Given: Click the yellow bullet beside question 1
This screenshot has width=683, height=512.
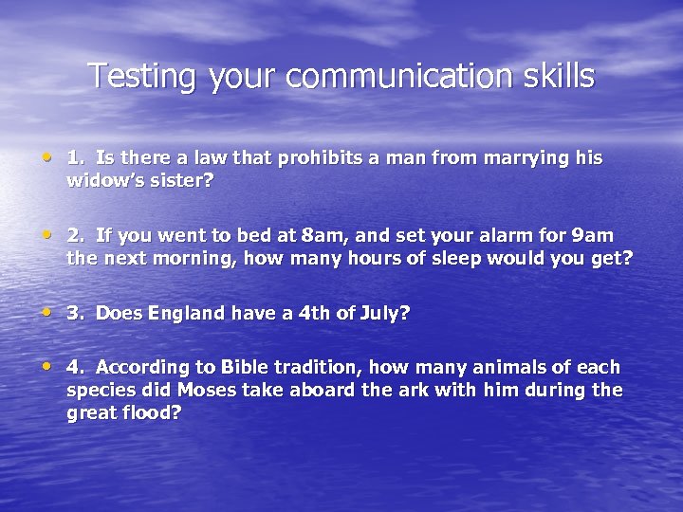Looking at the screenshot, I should [x=47, y=157].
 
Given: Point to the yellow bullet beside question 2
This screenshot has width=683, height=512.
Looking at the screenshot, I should [x=47, y=234].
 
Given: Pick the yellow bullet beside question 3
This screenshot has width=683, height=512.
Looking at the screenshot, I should [x=47, y=312].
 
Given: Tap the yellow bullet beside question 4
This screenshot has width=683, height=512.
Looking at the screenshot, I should [x=47, y=366].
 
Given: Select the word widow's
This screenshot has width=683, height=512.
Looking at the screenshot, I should [x=102, y=180].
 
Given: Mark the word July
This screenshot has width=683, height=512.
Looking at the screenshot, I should [x=382, y=313].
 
